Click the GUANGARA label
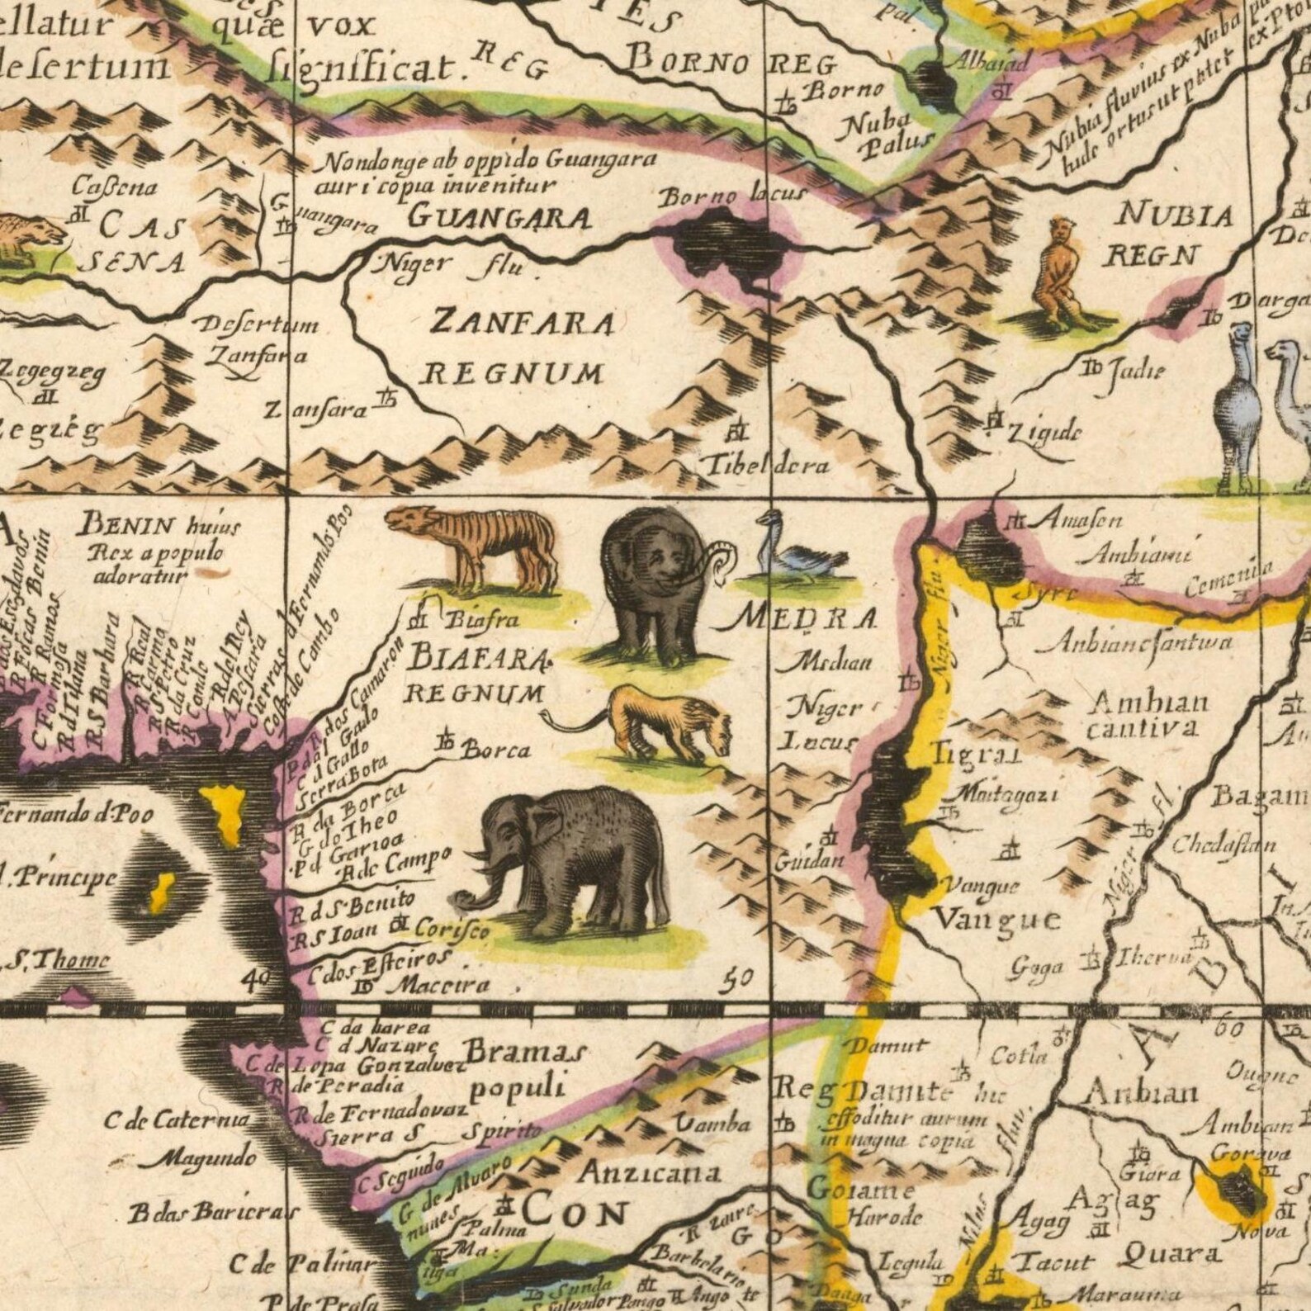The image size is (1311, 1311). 500,217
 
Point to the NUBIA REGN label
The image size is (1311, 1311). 1164,235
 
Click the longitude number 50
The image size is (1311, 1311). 736,978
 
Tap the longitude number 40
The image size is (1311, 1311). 258,980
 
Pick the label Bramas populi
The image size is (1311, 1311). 523,1069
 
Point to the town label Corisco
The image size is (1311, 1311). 451,929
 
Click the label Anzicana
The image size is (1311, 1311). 649,1172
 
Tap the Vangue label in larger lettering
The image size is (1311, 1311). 996,918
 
